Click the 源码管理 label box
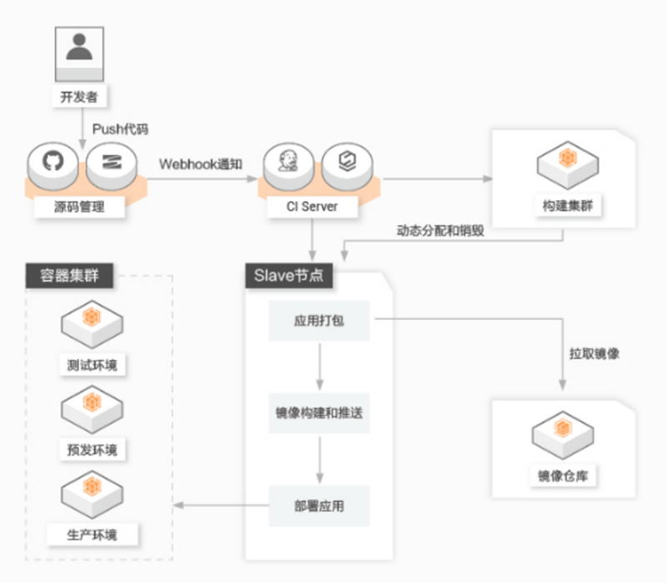coord(80,206)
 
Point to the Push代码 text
coord(120,130)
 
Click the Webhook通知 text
coord(201,163)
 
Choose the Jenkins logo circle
coord(287,163)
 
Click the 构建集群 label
coord(567,206)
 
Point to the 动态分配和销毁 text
coord(440,231)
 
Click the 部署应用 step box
coord(318,506)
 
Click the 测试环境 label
coord(92,365)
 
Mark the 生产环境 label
coord(92,534)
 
